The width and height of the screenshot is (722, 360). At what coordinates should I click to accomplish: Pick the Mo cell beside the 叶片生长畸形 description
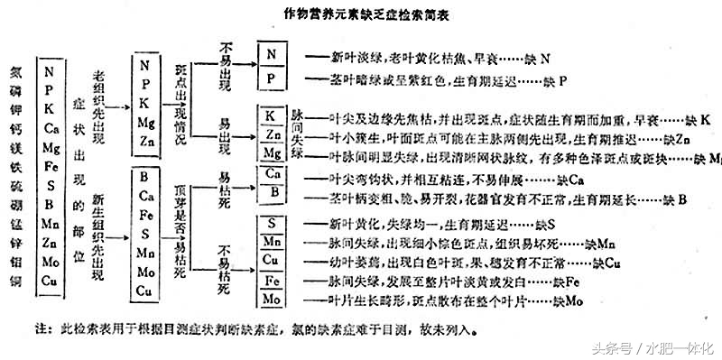point(272,299)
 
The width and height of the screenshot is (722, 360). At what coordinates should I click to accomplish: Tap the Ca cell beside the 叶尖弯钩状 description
point(272,172)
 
